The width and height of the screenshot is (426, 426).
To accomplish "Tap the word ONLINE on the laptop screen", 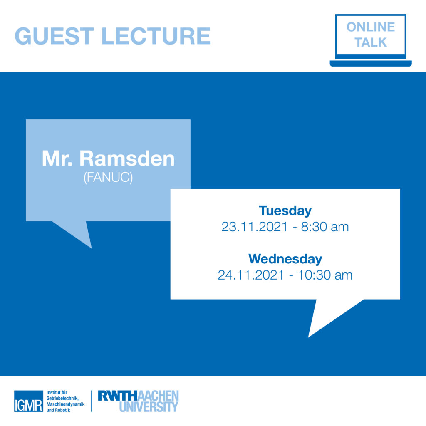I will [x=370, y=27].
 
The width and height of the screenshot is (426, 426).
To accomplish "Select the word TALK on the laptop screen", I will [x=370, y=42].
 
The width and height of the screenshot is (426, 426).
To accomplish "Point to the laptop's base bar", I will [x=370, y=63].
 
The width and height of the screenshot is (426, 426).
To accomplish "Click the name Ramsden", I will [x=127, y=159].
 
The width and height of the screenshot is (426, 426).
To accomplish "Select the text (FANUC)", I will [x=108, y=178].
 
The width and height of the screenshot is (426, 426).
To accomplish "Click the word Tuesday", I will [x=285, y=211].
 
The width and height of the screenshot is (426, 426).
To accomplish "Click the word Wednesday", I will [x=285, y=259].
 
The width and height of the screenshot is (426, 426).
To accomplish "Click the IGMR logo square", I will [x=28, y=401].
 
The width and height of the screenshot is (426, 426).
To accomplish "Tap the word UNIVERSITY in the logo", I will [x=149, y=406].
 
